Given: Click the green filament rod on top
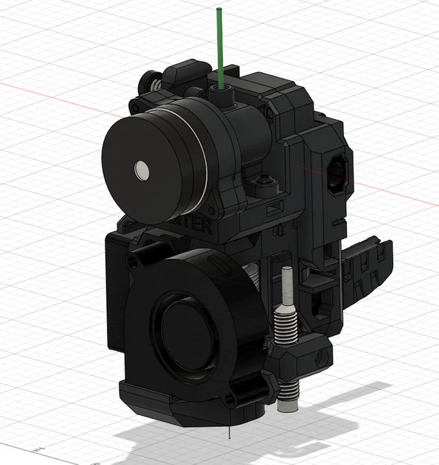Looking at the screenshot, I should [220, 45].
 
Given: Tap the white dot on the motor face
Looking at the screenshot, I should [140, 172].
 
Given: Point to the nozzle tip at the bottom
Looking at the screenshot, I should [285, 406].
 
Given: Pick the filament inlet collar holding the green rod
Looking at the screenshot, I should [221, 94].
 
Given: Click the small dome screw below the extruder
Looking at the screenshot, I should [264, 181].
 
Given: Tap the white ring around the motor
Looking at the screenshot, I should [199, 160].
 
